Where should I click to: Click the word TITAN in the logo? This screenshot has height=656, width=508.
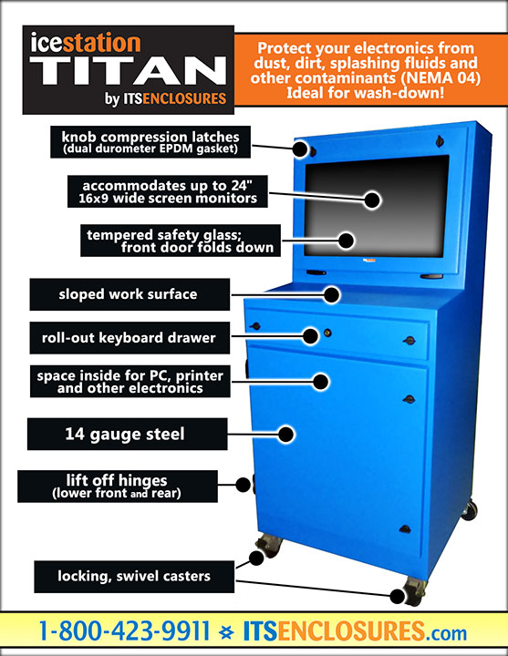(129, 70)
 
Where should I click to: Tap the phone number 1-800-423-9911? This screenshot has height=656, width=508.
(124, 630)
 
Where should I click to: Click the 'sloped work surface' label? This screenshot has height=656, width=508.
(130, 294)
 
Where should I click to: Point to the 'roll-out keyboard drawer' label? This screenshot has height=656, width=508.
(130, 338)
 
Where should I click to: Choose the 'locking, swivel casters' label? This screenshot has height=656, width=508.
(134, 577)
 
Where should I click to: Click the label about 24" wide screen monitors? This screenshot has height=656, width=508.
(168, 191)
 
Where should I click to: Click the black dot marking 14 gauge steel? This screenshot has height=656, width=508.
(286, 435)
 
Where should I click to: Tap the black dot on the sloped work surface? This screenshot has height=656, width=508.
(332, 294)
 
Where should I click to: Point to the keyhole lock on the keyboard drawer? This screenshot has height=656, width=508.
(327, 333)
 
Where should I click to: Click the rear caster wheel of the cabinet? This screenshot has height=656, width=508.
(470, 510)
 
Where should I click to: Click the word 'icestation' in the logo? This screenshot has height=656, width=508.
(86, 43)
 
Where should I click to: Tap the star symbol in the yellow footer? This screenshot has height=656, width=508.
(226, 631)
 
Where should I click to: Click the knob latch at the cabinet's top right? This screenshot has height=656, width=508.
(439, 141)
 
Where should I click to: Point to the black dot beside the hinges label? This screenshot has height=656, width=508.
(244, 485)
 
